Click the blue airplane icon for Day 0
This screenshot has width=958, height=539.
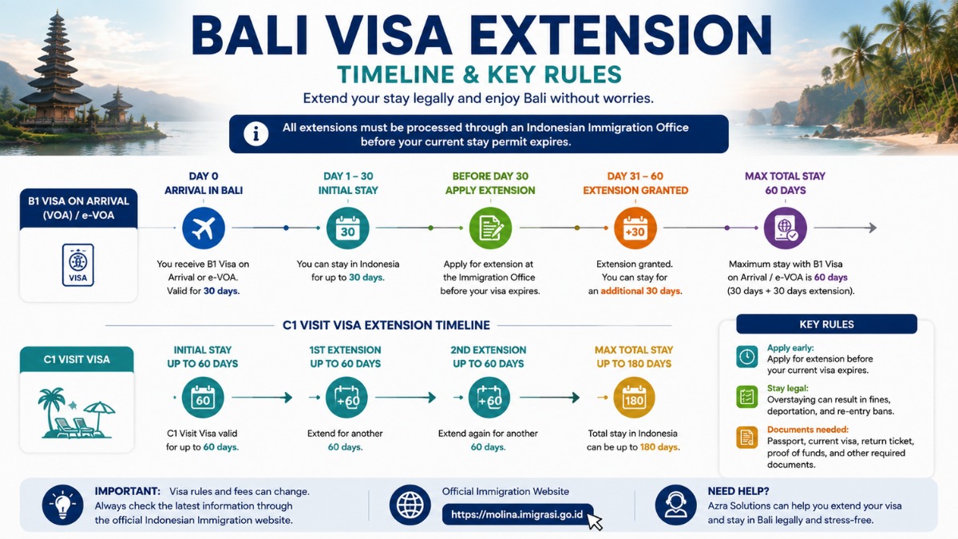204,228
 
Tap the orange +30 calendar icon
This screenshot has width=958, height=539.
635,228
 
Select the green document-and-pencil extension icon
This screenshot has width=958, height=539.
490,228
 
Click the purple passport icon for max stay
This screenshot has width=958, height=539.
786,228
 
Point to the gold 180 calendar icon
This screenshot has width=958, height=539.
634,398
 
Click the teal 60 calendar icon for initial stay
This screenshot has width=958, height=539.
203,398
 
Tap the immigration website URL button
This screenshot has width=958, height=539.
517,514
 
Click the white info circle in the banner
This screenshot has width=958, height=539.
255,134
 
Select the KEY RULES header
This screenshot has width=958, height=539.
826,324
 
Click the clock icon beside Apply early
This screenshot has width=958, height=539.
746,356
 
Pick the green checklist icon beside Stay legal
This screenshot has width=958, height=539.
746,396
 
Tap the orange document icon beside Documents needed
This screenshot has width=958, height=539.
746,438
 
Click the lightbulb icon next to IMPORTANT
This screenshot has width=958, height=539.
62,505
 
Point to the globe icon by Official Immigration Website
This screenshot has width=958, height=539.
410,505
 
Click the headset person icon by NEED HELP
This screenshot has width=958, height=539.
675,505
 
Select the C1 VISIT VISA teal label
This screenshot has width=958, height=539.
77,359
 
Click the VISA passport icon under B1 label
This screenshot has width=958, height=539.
78,265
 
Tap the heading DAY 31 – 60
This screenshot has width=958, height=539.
635,176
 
